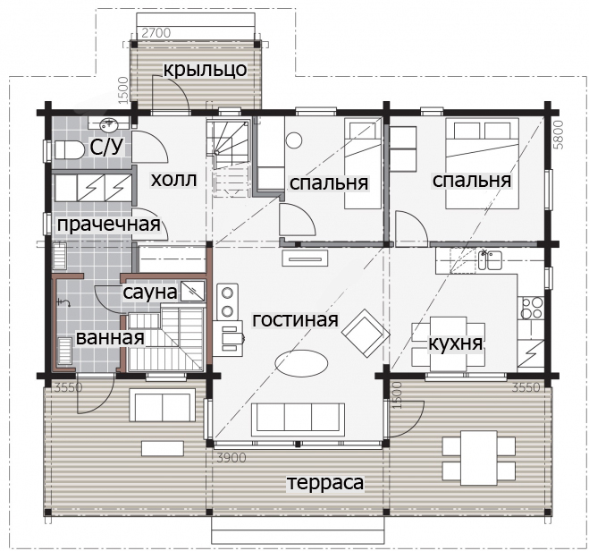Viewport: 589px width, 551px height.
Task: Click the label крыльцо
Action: point(205,70)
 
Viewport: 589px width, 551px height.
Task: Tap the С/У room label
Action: point(106,147)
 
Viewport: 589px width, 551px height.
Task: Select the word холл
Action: point(173,180)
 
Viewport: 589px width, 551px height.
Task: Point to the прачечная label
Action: point(108,225)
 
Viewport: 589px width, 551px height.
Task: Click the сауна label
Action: point(150,292)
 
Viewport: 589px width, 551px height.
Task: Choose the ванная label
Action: point(110,337)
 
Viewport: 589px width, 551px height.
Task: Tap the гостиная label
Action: point(295,320)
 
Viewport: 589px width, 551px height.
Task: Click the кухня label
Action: point(455,343)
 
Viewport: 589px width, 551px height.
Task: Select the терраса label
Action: point(325,483)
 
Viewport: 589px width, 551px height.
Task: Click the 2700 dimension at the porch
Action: point(156,33)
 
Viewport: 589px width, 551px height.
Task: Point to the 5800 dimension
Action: point(559,134)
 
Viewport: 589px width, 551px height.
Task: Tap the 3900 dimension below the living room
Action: point(231,458)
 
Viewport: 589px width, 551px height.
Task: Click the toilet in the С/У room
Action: point(70,150)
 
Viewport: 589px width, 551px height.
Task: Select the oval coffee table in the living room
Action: point(301,363)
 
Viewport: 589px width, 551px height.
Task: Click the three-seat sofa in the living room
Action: point(298,420)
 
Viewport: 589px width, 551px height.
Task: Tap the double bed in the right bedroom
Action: point(483,164)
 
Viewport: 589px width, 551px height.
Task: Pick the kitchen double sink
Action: point(491,260)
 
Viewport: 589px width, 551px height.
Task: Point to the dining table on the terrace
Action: point(478,458)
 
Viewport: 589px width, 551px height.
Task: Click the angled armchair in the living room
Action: point(366,333)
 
